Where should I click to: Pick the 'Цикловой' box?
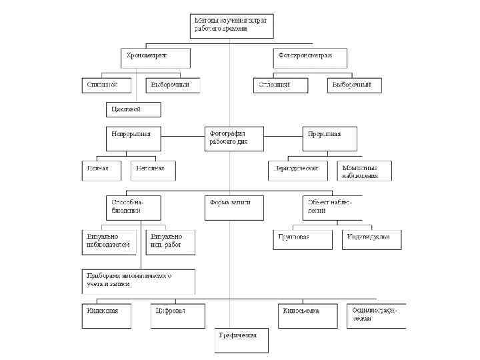point(134,109)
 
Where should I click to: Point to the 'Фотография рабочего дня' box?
point(232,139)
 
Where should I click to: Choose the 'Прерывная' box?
point(332,139)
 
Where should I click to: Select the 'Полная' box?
point(103,171)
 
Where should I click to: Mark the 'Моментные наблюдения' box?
point(364,171)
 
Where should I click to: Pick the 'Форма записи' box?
point(231,207)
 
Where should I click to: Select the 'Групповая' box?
point(302,239)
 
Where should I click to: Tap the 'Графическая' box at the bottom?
point(241,340)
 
